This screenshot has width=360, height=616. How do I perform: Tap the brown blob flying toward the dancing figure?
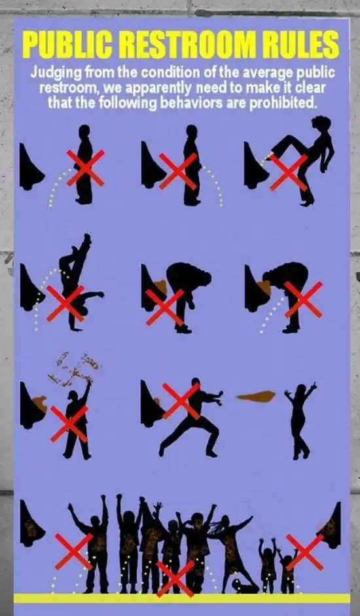coord(256,397)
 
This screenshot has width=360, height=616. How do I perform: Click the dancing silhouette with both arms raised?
coord(300,421)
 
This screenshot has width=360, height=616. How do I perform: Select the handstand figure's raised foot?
coord(86,238)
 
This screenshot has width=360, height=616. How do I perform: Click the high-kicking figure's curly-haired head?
coord(321,123)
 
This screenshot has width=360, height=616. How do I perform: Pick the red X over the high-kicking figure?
coord(288,172)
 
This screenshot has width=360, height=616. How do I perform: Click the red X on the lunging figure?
coord(181,401)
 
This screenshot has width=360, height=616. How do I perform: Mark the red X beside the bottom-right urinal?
coord(304,552)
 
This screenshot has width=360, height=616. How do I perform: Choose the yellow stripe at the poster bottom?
coord(181,598)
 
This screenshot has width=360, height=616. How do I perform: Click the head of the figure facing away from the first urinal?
coord(84,132)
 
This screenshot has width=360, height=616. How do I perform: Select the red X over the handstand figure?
coord(65,303)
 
